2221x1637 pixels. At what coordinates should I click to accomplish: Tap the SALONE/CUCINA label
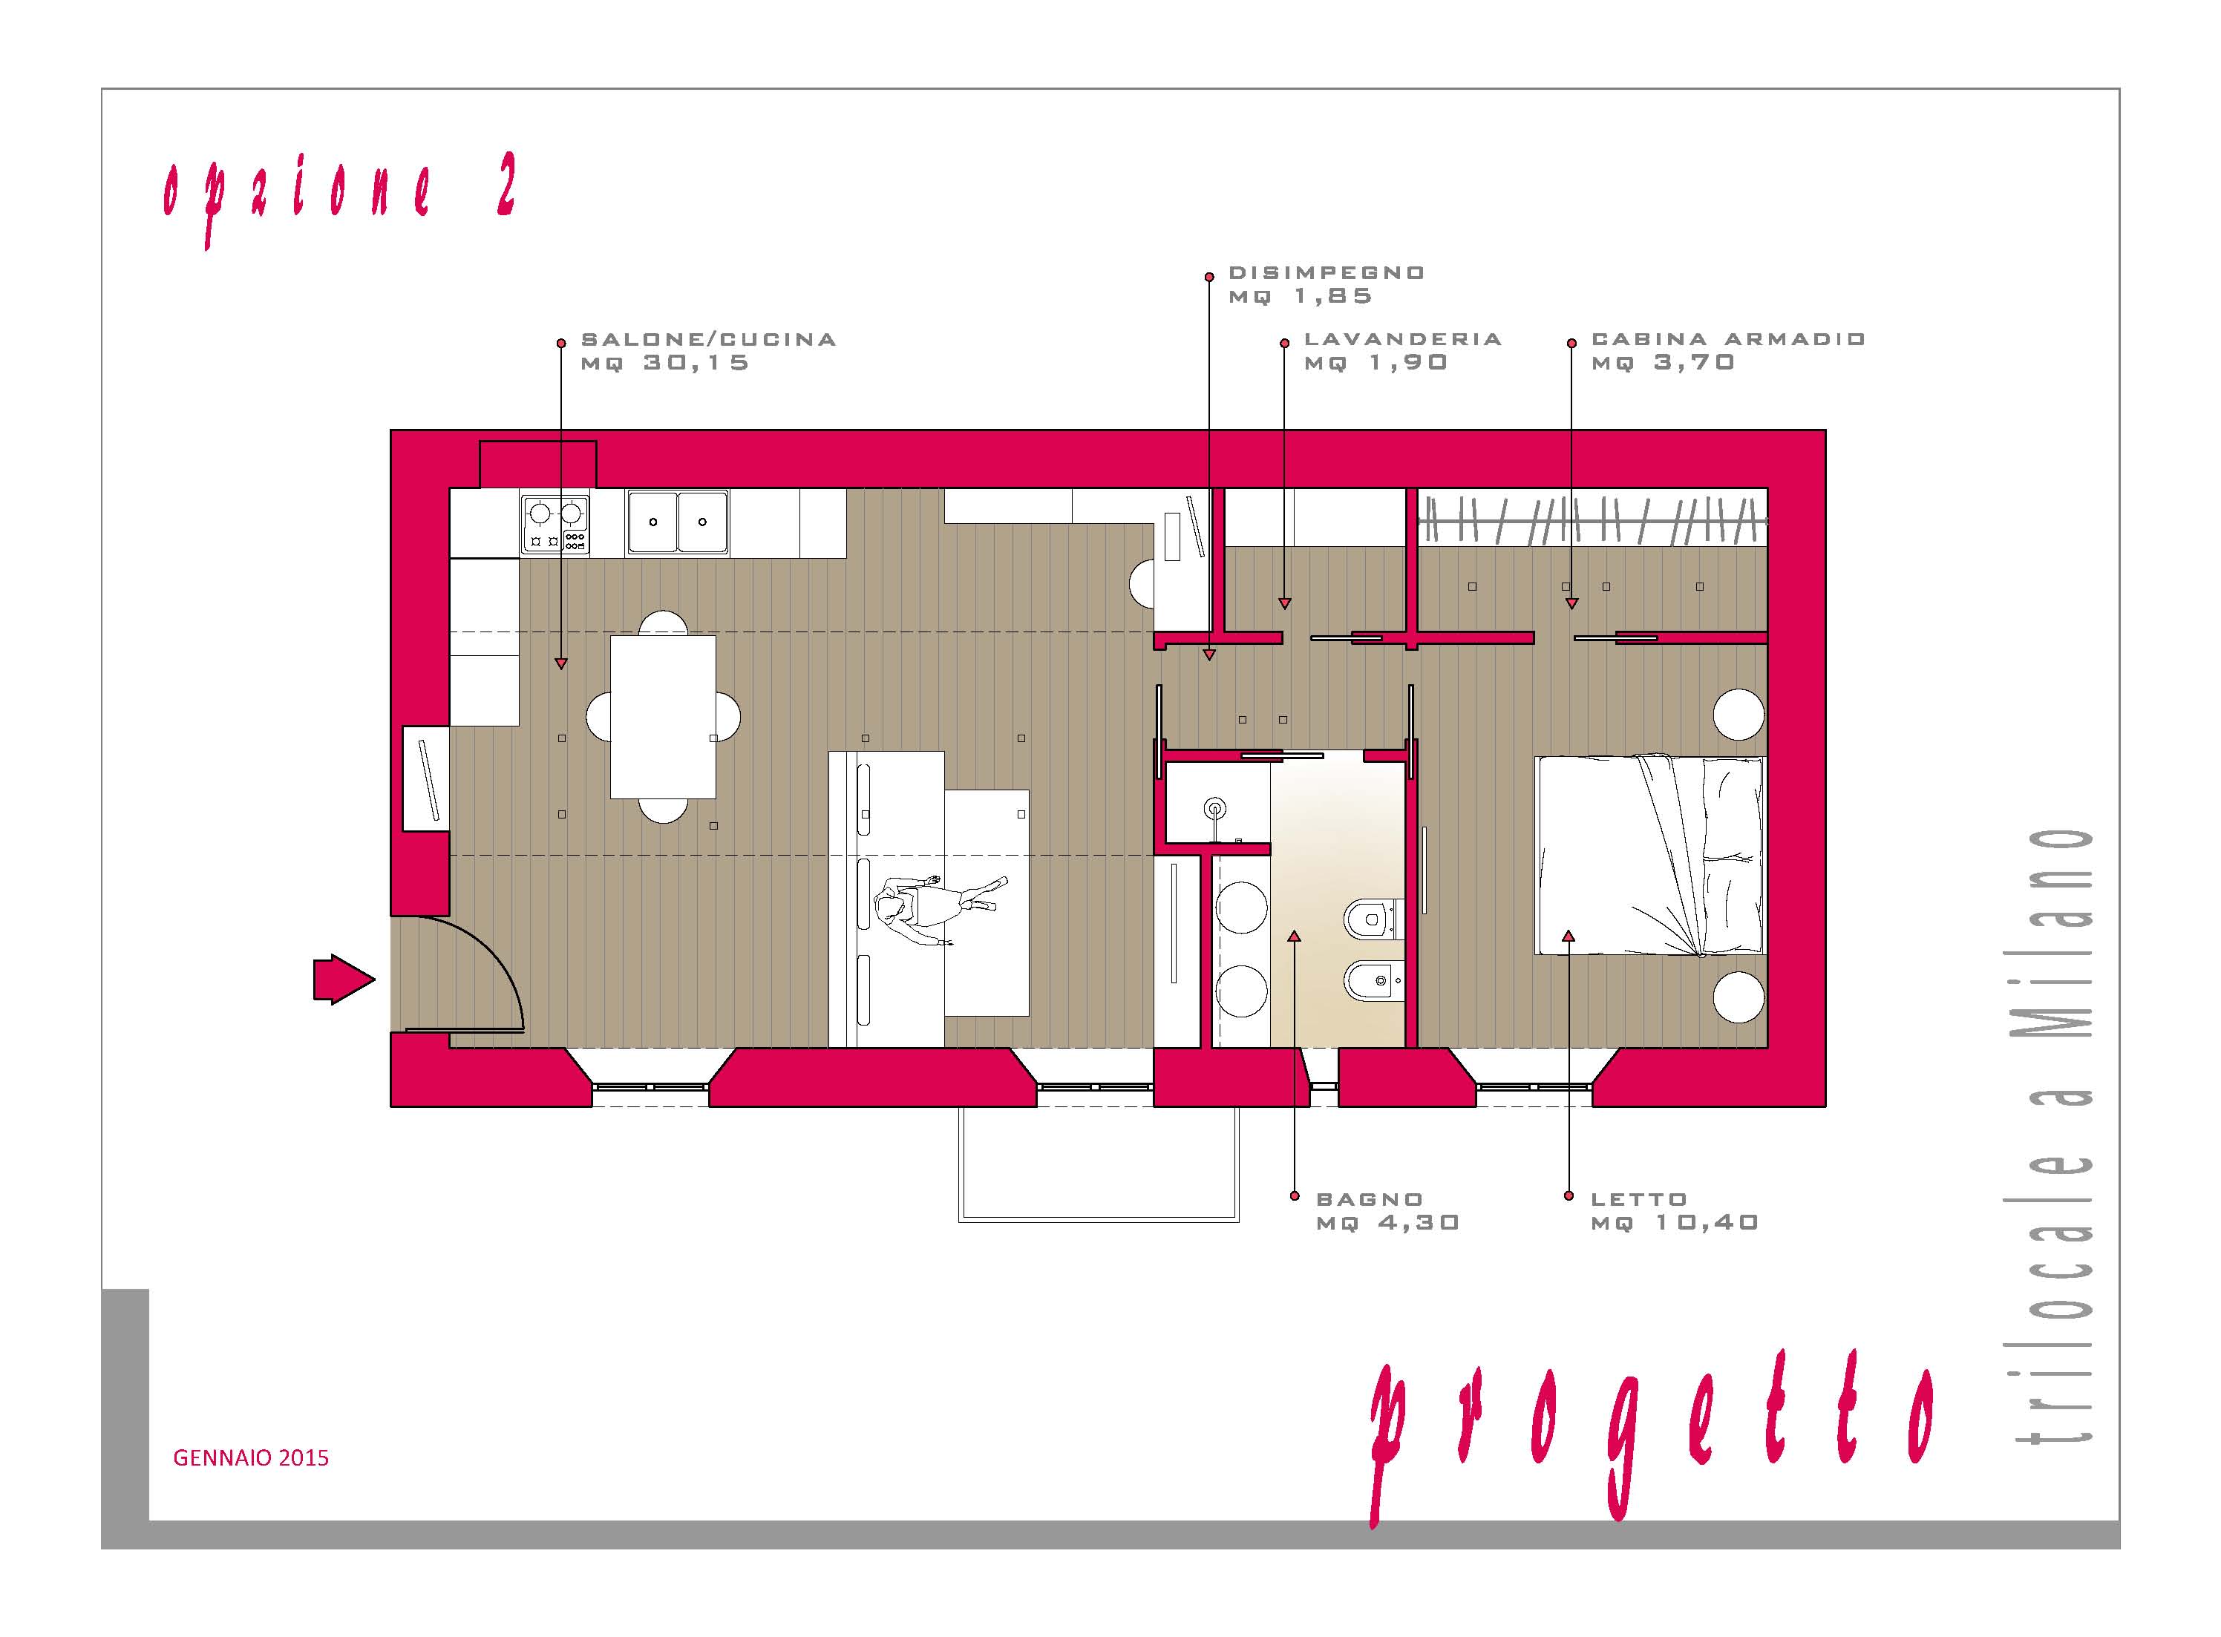pos(709,339)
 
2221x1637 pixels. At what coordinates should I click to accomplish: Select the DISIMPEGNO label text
pos(1326,272)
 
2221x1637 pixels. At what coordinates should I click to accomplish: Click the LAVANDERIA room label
pos(1402,339)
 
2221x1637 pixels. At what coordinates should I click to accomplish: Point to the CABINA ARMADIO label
pos(1728,339)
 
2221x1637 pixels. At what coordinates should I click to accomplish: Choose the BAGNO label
pos(1370,1199)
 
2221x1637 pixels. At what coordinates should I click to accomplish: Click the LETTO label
pos(1638,1199)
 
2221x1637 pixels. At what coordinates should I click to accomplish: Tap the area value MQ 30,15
pos(665,363)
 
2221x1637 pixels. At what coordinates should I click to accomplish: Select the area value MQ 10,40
pos(1675,1223)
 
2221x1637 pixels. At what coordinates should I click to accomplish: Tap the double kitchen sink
pos(677,522)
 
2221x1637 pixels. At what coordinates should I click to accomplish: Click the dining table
pos(663,716)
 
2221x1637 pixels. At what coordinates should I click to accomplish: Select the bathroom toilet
pos(1373,919)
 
